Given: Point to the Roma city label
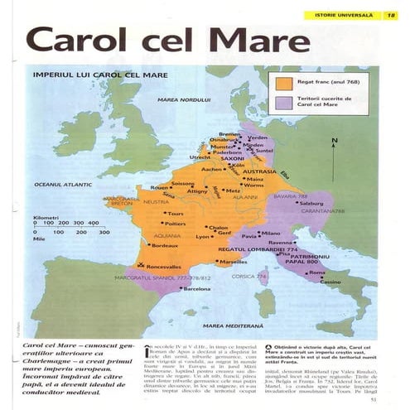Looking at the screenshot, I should [x=317, y=273].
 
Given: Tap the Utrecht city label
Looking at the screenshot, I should [x=199, y=157].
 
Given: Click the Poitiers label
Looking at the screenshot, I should [x=175, y=224].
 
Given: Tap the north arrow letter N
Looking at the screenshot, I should [x=335, y=142].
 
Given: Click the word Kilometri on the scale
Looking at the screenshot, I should [x=46, y=217].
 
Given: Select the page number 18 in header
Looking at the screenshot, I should [x=390, y=15].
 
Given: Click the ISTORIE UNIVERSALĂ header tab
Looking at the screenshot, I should [x=339, y=15].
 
